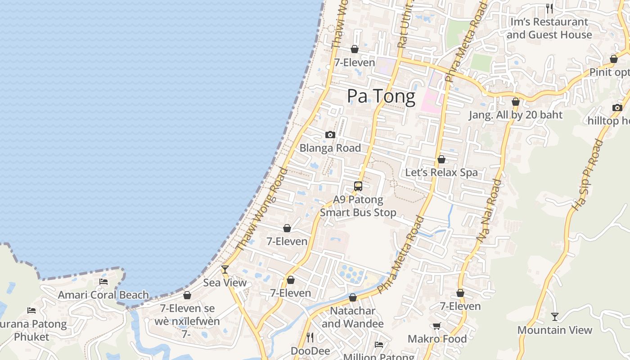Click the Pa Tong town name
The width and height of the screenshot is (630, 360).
click(381, 97)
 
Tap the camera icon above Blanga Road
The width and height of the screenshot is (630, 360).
click(330, 135)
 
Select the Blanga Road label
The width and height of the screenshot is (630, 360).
click(330, 148)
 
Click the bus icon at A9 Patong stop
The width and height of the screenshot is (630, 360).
click(358, 186)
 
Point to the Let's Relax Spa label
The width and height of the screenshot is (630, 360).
click(441, 172)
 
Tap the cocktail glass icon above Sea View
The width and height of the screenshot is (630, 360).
click(225, 269)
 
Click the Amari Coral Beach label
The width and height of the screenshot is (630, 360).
click(103, 295)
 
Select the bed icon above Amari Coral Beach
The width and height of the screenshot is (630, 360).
click(103, 282)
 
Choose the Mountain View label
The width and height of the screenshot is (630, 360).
click(554, 330)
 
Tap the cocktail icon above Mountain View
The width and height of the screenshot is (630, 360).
click(555, 317)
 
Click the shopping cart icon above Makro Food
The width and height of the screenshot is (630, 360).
click(436, 326)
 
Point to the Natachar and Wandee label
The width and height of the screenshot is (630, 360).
click(353, 317)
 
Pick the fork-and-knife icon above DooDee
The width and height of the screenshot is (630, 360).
click(310, 337)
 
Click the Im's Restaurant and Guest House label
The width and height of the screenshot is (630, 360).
click(549, 28)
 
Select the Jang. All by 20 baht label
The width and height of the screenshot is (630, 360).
click(516, 115)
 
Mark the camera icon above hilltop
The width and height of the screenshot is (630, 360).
click(617, 108)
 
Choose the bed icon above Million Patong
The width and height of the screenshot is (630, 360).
click(379, 345)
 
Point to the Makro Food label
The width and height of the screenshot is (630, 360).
click(437, 338)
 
